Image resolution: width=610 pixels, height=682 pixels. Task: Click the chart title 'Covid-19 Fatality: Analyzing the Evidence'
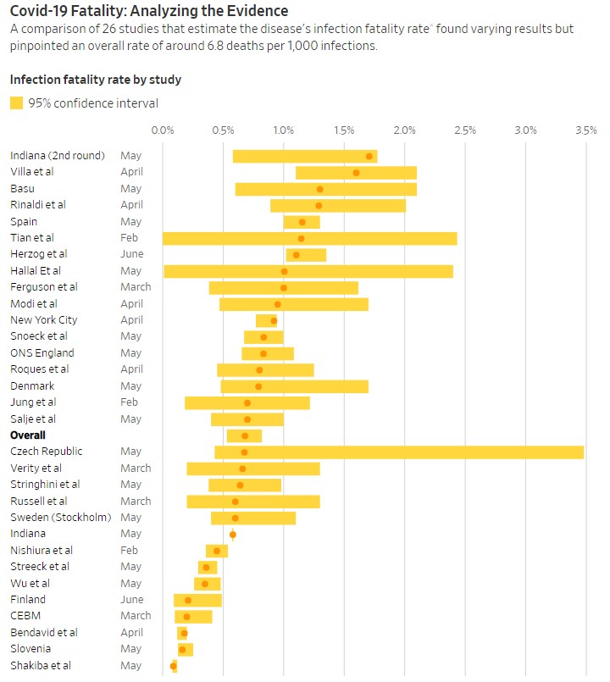[x=148, y=11]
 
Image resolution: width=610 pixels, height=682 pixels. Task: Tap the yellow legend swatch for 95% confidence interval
[x=17, y=103]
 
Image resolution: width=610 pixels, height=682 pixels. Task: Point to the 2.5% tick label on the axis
[x=465, y=130]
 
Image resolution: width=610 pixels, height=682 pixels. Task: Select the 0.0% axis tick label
[x=163, y=130]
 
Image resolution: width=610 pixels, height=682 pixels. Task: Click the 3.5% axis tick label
[x=585, y=130]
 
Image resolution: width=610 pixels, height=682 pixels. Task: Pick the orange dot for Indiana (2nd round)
[x=369, y=156]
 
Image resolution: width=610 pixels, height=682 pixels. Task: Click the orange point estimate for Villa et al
[x=356, y=173]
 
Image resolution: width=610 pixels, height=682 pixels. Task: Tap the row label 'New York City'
[x=44, y=320]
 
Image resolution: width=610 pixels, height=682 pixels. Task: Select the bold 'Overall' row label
[x=28, y=435]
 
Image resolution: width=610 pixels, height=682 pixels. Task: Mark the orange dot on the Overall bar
[x=245, y=435]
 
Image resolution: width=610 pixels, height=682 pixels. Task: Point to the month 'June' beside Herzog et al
[x=131, y=254]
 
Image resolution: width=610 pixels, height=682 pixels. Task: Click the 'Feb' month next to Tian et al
[x=129, y=238]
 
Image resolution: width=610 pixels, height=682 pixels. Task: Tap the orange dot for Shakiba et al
[x=174, y=666]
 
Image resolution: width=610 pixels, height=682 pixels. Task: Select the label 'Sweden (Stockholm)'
[x=61, y=518]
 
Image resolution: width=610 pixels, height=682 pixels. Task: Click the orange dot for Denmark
[x=258, y=386]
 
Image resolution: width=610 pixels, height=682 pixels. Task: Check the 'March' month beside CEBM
[x=136, y=616]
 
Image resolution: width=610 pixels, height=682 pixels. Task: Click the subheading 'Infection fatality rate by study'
[x=96, y=80]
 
